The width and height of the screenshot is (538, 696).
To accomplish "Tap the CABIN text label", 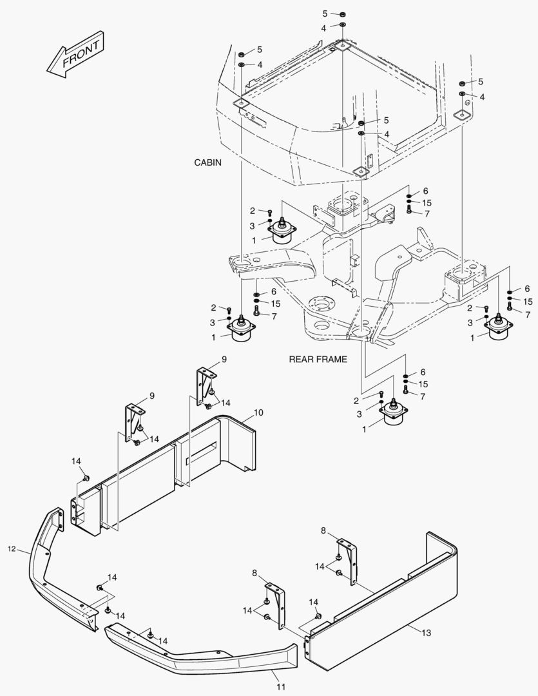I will pos(207,163).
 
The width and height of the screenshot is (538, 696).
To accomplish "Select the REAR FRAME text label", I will pos(318,359).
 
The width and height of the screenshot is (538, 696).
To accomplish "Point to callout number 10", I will pos(258,412).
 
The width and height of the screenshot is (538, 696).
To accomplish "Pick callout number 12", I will pos(11,549).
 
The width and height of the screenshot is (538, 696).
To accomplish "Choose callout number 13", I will pos(426,633).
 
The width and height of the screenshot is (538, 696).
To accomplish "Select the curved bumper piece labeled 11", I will pos(206,654).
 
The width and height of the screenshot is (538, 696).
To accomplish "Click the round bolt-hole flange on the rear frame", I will pos(318,303).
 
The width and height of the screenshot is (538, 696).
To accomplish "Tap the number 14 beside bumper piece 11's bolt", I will pos(164,641).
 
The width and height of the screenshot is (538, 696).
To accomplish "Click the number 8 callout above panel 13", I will pos(324,530).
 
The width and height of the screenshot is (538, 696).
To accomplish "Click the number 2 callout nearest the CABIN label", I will pos(253,211).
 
